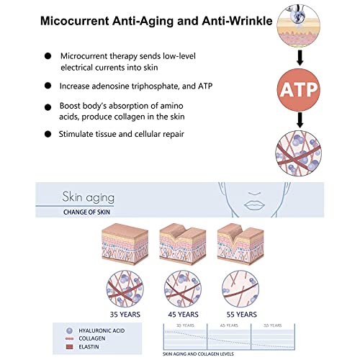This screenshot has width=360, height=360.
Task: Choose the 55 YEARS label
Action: point(240,313)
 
